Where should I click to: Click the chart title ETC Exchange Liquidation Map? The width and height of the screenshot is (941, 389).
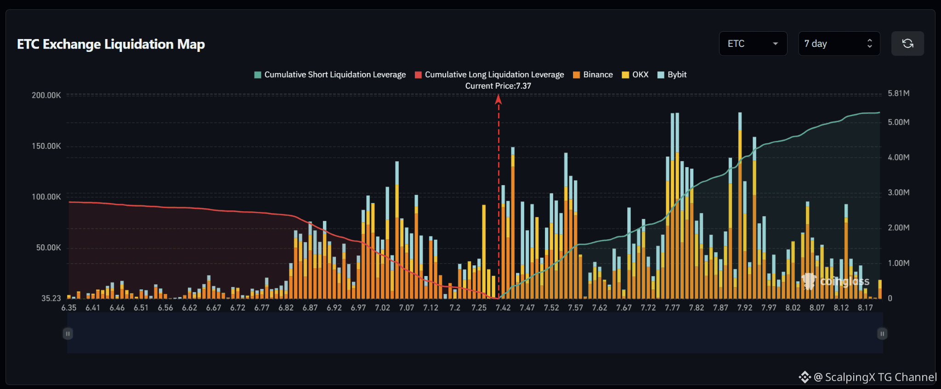[x=111, y=44]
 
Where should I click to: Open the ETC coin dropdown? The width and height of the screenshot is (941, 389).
[x=753, y=44]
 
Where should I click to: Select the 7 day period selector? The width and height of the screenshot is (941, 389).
[x=839, y=44]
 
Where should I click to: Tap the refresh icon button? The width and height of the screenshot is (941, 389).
[x=907, y=44]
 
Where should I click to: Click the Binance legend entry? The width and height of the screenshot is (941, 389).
[x=593, y=74]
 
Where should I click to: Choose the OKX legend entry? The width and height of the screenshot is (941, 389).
[x=635, y=74]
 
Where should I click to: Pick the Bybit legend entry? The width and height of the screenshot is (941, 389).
[x=672, y=74]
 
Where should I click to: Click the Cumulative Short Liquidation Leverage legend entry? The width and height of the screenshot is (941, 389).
[x=330, y=74]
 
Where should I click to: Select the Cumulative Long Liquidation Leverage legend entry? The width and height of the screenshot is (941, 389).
[x=489, y=74]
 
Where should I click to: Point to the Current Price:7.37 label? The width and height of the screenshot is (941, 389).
[x=498, y=86]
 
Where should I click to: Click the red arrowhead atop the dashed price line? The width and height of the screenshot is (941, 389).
[x=499, y=99]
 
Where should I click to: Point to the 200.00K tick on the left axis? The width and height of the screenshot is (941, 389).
[x=46, y=95]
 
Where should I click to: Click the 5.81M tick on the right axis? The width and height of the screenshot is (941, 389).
[x=898, y=93]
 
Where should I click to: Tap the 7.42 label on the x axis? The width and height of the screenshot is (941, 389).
[x=503, y=308]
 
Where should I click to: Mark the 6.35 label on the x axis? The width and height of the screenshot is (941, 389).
[x=69, y=308]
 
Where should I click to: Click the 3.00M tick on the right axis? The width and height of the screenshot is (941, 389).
[x=898, y=192]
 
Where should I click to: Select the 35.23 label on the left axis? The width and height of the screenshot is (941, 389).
[x=51, y=298]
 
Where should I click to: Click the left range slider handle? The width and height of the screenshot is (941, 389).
[x=68, y=333]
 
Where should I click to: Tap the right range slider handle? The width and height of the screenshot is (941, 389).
[x=882, y=333]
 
